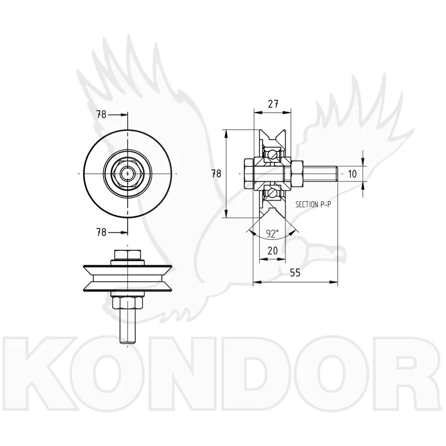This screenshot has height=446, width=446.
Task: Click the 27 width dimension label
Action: (273, 104)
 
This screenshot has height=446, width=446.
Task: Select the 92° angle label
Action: (272, 234)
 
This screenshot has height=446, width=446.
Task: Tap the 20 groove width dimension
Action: (273, 250)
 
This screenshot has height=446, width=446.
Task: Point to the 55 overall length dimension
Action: (295, 273)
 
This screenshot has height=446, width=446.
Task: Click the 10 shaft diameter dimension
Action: (352, 174)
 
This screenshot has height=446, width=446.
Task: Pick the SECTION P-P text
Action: (313, 204)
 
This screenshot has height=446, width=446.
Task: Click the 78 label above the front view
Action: (101, 115)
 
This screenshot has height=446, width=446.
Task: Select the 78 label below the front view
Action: (101, 232)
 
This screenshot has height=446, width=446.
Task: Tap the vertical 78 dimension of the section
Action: (216, 173)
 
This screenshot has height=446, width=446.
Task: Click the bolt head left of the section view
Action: (249, 174)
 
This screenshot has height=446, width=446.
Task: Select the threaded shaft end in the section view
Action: (320, 174)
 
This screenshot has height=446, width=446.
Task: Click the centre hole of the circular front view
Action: (128, 173)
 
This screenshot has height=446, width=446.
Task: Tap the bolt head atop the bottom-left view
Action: (128, 255)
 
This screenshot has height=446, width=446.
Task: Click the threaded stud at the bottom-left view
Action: (128, 327)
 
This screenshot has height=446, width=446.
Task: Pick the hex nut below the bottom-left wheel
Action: (128, 303)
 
